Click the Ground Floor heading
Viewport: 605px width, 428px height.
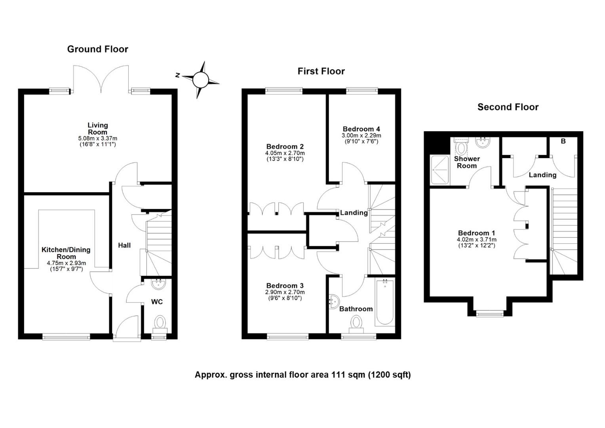97,49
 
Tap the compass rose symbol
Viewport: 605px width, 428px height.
200,80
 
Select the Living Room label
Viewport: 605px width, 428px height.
97,129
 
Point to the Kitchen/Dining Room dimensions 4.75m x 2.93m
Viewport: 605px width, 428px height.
67,263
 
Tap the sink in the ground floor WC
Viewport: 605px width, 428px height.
159,284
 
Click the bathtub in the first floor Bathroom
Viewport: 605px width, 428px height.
384,302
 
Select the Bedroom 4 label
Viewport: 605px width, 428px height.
361,129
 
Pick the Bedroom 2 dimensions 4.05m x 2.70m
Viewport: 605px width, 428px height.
285,153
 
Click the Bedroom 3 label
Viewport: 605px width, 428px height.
285,285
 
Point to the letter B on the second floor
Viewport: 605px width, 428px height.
563,141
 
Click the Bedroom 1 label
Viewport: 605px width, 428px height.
477,233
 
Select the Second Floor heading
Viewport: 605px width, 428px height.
508,107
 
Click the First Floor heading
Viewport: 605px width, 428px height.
321,71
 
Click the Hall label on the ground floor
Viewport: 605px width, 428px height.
124,245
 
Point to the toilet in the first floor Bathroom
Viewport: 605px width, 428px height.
356,324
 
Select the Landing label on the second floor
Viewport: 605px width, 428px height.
542,175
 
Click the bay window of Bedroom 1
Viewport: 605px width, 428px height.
490,313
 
